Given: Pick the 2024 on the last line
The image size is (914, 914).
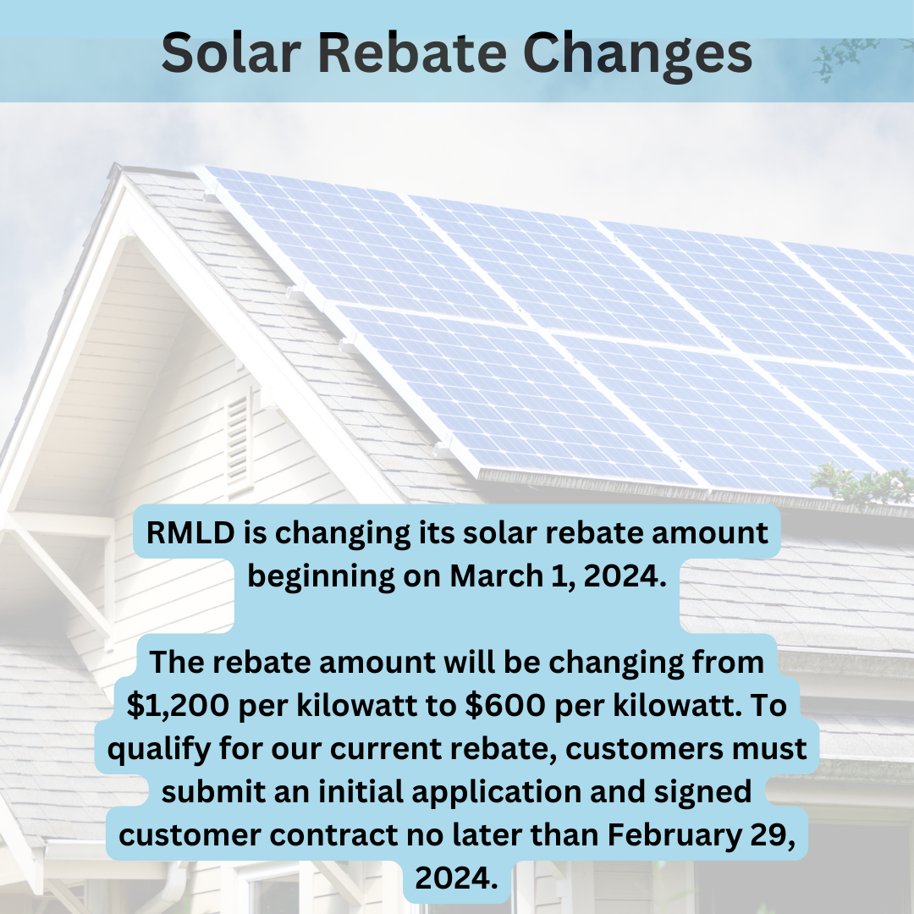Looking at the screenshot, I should point(457,878).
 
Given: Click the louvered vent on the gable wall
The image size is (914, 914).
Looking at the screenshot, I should point(239,440).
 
